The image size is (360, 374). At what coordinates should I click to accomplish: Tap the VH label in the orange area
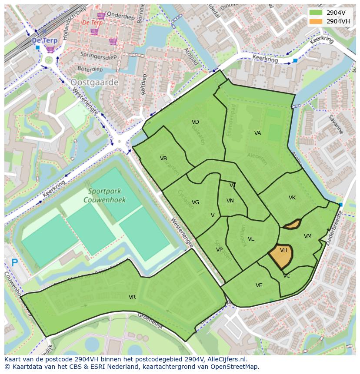pos(283,250)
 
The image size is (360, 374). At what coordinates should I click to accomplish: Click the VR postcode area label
pos(132,297)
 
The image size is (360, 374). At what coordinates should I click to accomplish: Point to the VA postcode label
pos(258,133)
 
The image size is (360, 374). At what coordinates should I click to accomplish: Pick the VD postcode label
pos(195,122)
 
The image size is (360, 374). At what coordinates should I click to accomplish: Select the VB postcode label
pos(163,159)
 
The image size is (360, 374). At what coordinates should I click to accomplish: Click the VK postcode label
pos(292,198)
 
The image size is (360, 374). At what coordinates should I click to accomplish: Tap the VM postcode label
pos(308,236)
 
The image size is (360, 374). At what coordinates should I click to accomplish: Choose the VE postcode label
pos(259,285)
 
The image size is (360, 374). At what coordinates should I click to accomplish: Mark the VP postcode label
pos(219,250)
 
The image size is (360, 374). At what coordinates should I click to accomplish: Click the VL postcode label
pos(251,239)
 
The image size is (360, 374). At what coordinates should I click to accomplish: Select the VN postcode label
pos(230,201)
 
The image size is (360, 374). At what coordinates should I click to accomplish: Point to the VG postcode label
pos(196,202)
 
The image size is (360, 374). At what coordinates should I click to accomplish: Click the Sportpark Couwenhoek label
pos(107,195)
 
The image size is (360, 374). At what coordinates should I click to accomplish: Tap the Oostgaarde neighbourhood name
pos(94,82)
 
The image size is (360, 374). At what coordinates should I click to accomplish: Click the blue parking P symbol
pos(14,262)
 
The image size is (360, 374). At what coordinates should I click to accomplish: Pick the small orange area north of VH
pos(292,224)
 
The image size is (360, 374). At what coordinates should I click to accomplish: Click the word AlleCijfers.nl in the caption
pos(226,360)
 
